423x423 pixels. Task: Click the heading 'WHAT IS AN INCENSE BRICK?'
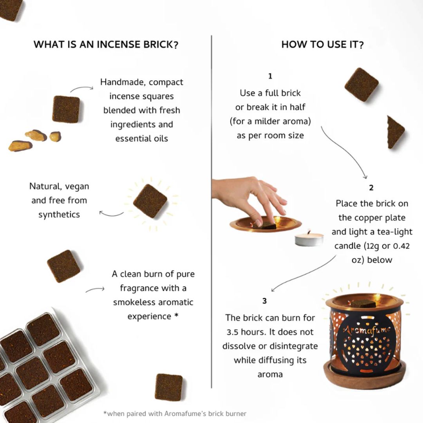pyautogui.click(x=106, y=45)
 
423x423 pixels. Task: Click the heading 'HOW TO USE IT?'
pyautogui.click(x=322, y=45)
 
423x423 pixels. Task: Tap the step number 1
pyautogui.click(x=270, y=76)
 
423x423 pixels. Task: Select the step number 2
pyautogui.click(x=371, y=188)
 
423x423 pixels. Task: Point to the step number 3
pyautogui.click(x=265, y=301)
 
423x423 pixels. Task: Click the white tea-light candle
pyautogui.click(x=309, y=239)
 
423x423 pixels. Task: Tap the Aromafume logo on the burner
pyautogui.click(x=367, y=330)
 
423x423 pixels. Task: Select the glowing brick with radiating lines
pyautogui.click(x=150, y=201)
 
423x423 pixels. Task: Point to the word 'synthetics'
pyautogui.click(x=59, y=215)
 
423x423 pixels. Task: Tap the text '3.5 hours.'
pyautogui.click(x=245, y=332)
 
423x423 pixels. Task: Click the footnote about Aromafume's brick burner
pyautogui.click(x=175, y=413)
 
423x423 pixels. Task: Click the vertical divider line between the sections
pyautogui.click(x=211, y=211)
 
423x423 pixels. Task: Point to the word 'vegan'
pyautogui.click(x=77, y=186)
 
